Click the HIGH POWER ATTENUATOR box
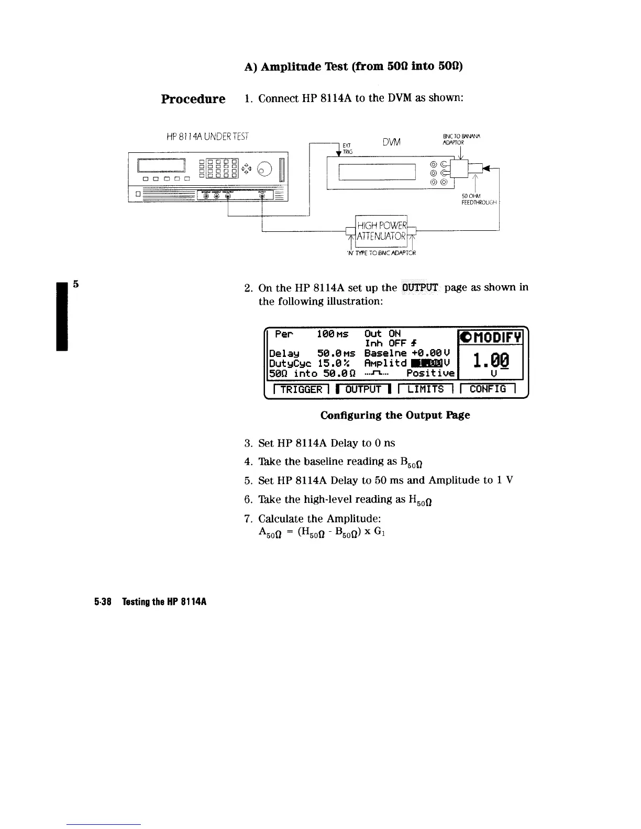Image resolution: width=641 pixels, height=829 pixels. click(x=381, y=231)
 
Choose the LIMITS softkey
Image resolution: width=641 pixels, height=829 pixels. click(x=425, y=389)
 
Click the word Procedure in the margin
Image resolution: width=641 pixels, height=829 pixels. click(x=193, y=99)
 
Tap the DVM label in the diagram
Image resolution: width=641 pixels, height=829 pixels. click(x=391, y=142)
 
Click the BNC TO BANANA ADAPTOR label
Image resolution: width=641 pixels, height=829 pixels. click(x=461, y=139)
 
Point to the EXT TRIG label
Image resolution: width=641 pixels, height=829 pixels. click(x=347, y=149)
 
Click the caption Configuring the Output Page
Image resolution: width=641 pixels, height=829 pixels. click(x=395, y=415)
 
